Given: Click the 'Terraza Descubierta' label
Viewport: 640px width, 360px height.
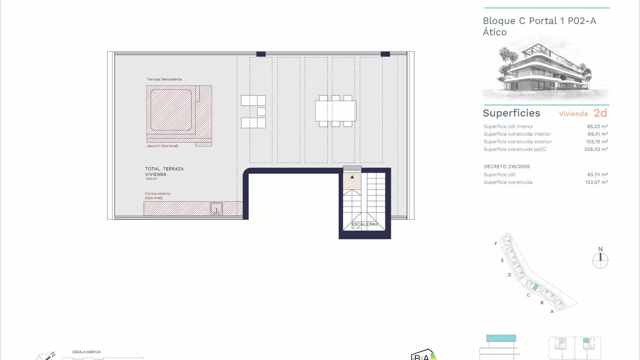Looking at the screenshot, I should point(164,79).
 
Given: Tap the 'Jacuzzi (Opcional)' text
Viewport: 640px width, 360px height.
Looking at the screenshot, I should point(162,146).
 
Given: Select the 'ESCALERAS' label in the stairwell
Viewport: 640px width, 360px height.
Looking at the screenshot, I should point(365,224).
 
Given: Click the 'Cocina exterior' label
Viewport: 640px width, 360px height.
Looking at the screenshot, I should point(158,194).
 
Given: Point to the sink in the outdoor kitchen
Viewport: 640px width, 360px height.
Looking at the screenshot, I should point(216,209).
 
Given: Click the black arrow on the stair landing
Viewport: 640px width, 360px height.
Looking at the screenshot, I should point(352,177).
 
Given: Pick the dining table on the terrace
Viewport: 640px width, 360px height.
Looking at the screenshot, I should point(335,111).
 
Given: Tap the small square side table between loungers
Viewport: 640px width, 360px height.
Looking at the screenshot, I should point(261,112).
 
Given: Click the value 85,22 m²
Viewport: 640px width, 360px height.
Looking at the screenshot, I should point(597,126).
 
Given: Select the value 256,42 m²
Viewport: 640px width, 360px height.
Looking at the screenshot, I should point(596,149).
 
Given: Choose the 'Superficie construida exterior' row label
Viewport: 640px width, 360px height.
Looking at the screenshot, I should point(517,142).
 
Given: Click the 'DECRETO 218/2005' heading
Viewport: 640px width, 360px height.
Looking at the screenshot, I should point(507,167).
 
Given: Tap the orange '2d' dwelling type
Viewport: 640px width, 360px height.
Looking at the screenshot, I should point(600,113).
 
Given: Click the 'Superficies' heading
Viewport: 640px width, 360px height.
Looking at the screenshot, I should point(511,113).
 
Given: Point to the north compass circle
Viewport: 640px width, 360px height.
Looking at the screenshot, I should point(600,261).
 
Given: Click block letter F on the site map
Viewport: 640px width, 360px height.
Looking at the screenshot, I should point(496,244).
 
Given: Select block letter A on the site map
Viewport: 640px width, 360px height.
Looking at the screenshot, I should point(552,311).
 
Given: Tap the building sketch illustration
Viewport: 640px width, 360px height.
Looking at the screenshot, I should point(545,70).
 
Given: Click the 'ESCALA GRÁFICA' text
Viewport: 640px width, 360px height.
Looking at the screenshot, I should point(86,352).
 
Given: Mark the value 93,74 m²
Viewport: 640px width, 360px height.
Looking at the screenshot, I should point(597,175).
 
